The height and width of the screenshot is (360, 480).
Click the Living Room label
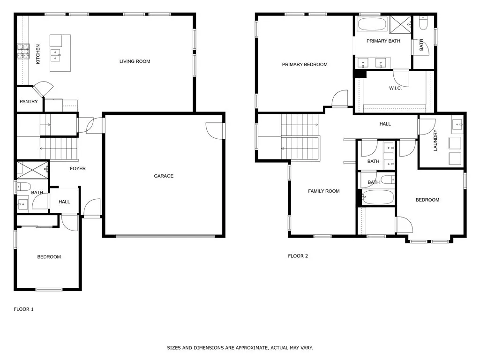pyautogui.click(x=135, y=61)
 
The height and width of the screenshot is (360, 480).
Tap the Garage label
pyautogui.click(x=164, y=176)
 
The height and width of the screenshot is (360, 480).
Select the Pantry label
pyautogui.click(x=29, y=102)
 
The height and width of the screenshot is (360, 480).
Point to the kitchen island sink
pyautogui.click(x=56, y=55)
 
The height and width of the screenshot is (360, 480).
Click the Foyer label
pyautogui.click(x=78, y=169)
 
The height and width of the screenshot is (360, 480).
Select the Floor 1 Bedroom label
pyautogui.click(x=49, y=257)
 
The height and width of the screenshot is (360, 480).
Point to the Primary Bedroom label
pyautogui.click(x=305, y=65)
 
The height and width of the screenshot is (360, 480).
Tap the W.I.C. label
pyautogui.click(x=395, y=88)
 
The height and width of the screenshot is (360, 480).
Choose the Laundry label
pyautogui.click(x=435, y=140)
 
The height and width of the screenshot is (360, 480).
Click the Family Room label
pyautogui.click(x=323, y=191)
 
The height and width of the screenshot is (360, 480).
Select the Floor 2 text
pyautogui.click(x=298, y=256)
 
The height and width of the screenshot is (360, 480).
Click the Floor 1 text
pyautogui.click(x=23, y=309)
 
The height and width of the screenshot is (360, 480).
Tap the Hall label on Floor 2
pyautogui.click(x=385, y=124)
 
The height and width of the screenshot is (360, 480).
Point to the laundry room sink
pyautogui.click(x=457, y=124)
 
